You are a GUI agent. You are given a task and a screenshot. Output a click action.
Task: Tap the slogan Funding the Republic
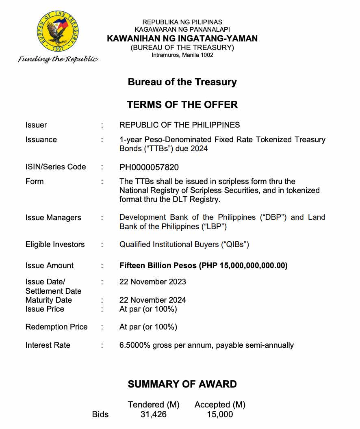pyautogui.click(x=58, y=59)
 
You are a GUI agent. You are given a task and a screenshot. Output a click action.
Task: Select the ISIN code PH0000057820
pyautogui.click(x=149, y=167)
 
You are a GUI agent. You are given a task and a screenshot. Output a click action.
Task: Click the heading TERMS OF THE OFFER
pyautogui.click(x=182, y=104)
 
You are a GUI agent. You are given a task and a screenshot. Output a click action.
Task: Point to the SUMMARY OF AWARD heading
pyautogui.click(x=182, y=384)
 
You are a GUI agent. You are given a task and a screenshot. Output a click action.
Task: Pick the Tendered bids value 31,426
pyautogui.click(x=153, y=414)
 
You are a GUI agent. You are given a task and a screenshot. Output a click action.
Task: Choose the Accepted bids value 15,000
pyautogui.click(x=219, y=414)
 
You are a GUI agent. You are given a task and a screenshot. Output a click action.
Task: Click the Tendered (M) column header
pyautogui.click(x=154, y=405)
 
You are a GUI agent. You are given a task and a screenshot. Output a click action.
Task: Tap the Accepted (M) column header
pyautogui.click(x=220, y=405)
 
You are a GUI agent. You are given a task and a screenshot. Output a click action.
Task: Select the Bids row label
pyautogui.click(x=100, y=414)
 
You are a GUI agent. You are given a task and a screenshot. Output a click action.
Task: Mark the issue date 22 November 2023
pyautogui.click(x=152, y=282)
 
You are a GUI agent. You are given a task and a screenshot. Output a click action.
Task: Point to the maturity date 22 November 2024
pyautogui.click(x=152, y=300)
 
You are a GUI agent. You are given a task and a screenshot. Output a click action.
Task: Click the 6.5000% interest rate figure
pyautogui.click(x=135, y=345)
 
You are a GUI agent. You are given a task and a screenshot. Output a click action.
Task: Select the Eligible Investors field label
pyautogui.click(x=55, y=245)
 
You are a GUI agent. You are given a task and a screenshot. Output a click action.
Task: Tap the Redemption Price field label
pyautogui.click(x=56, y=327)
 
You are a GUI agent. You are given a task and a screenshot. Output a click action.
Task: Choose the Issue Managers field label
pyautogui.click(x=53, y=218)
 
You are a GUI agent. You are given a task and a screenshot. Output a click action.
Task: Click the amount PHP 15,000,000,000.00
pyautogui.click(x=243, y=266)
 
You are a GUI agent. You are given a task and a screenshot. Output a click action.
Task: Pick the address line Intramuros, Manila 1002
pyautogui.click(x=182, y=55)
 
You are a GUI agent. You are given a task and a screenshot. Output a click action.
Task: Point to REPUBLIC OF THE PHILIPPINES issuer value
pyautogui.click(x=180, y=125)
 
